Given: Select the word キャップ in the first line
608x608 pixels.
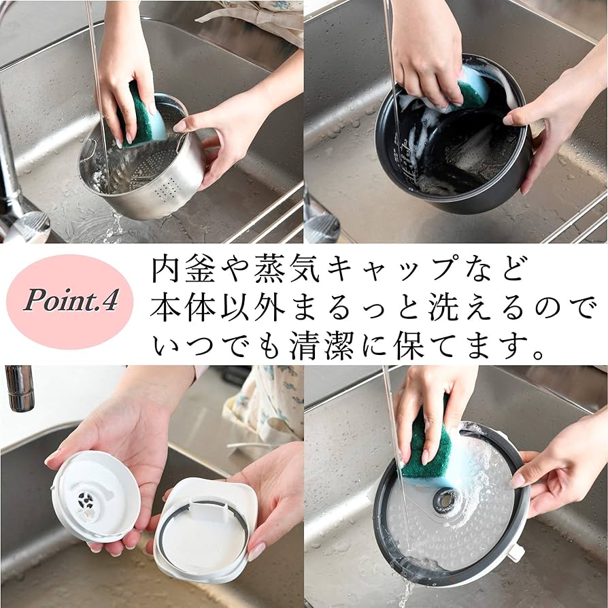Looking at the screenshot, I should (x=390, y=271).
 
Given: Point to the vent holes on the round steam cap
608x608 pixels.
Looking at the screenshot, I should (x=86, y=503).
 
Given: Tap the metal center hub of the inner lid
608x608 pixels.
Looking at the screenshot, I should (x=445, y=501).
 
